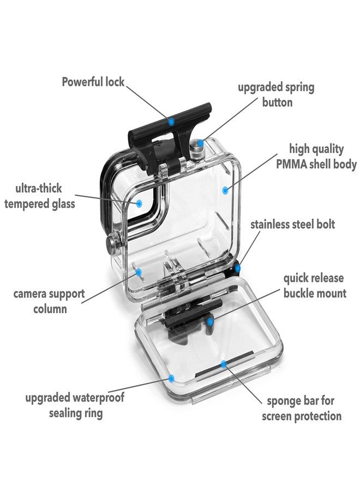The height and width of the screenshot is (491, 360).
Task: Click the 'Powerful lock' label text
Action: pos(93,82)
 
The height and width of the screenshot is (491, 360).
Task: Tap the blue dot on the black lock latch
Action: pos(171,121)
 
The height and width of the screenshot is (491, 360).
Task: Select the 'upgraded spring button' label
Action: pos(276,94)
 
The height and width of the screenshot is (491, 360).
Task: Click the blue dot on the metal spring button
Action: pos(200,143)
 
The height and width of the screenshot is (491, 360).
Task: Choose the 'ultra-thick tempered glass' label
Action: pos(40,196)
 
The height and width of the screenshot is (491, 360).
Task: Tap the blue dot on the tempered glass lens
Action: pos(139,203)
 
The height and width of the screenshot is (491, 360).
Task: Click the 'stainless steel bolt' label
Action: pos(293,225)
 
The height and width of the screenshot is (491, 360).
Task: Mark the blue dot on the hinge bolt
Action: pos(238,268)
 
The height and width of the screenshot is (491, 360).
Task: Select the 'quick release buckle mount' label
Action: pos(315,285)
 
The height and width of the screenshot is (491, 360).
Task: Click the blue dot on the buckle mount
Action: pos(211,321)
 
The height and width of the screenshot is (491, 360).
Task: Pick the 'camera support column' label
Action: pos(49,301)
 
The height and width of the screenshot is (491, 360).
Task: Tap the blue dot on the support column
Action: pos(139,272)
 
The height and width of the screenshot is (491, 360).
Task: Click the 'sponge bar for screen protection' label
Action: pos(302,409)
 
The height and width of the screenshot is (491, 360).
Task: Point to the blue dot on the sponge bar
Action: pos(223,364)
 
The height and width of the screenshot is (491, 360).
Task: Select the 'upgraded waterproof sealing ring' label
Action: pos(75,405)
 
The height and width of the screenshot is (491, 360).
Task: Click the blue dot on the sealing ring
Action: pos(171,378)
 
